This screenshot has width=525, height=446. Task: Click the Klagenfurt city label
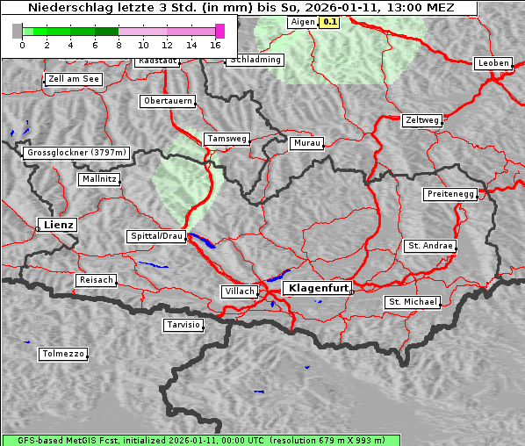pyautogui.click(x=320, y=288)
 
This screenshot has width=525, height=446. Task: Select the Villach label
pyautogui.click(x=240, y=291)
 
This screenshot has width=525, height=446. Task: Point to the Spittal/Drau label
pyautogui.click(x=157, y=236)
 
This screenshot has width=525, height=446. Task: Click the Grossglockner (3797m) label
pyautogui.click(x=77, y=153)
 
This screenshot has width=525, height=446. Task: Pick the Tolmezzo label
pyautogui.click(x=63, y=355)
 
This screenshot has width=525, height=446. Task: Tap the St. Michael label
pyautogui.click(x=413, y=302)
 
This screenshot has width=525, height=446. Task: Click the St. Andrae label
pyautogui.click(x=430, y=246)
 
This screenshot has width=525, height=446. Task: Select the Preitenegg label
pyautogui.click(x=451, y=194)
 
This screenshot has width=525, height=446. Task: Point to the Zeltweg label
pyautogui.click(x=422, y=119)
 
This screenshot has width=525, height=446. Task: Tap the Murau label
pyautogui.click(x=307, y=142)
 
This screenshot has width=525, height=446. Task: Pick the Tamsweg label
pyautogui.click(x=227, y=139)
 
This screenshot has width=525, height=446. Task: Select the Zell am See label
pyautogui.click(x=74, y=79)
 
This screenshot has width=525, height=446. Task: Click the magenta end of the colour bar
pyautogui.click(x=220, y=31)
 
